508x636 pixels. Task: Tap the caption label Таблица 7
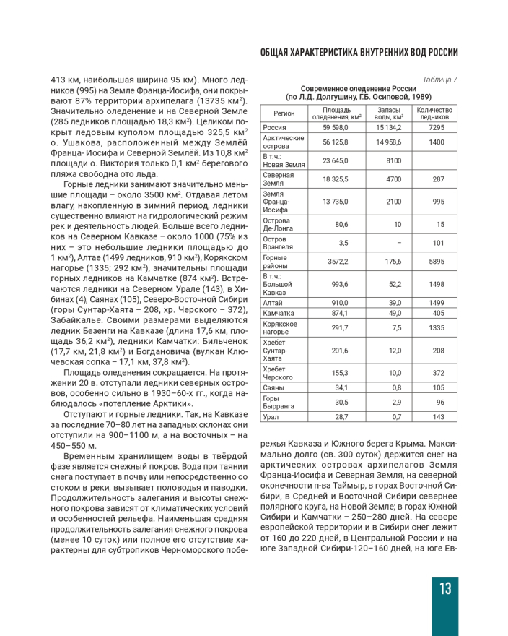pyautogui.click(x=440, y=79)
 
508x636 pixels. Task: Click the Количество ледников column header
pyautogui.click(x=435, y=113)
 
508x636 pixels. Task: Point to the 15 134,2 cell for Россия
pyautogui.click(x=388, y=127)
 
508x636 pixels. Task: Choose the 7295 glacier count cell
pyautogui.click(x=436, y=127)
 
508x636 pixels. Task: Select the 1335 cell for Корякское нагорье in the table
pyautogui.click(x=436, y=327)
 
